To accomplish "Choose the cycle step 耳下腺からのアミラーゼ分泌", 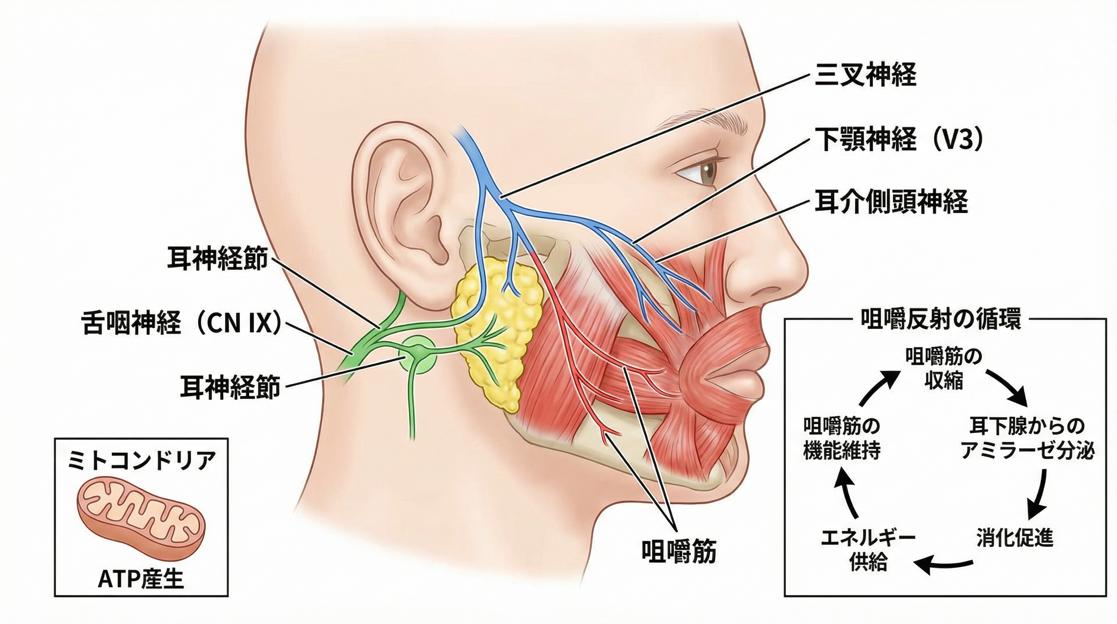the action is [x=1027, y=438].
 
